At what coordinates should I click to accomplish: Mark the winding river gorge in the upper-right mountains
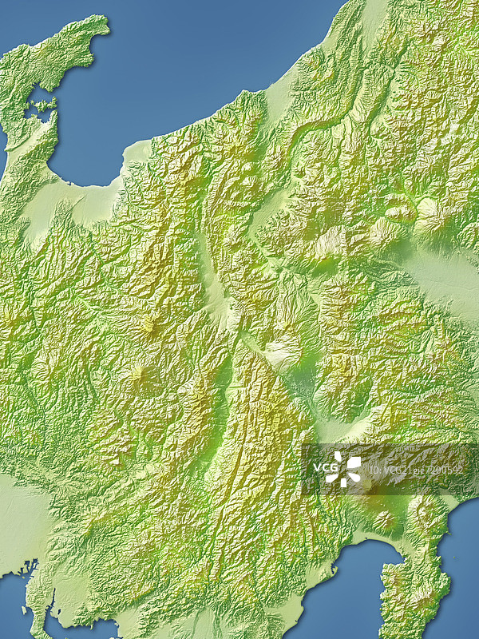point(319,132)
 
